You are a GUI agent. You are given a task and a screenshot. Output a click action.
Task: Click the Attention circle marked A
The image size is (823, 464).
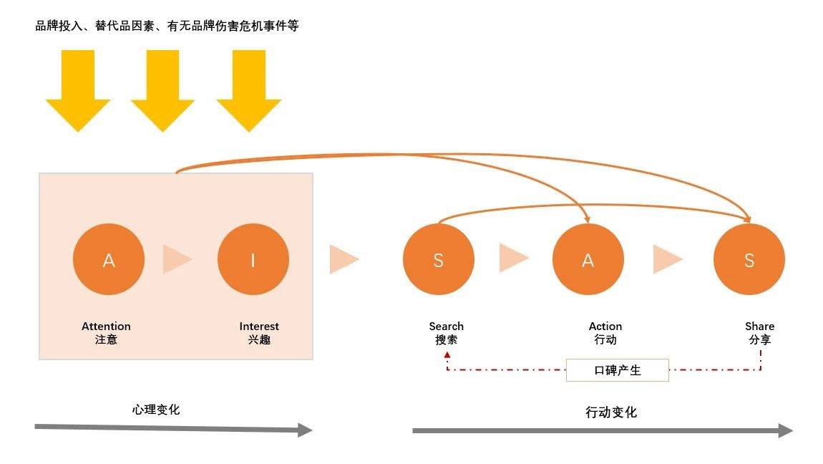coord(109,259)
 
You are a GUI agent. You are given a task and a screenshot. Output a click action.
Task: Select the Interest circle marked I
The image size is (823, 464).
coord(253,259)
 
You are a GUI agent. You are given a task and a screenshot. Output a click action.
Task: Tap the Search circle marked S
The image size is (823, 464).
coord(438,259)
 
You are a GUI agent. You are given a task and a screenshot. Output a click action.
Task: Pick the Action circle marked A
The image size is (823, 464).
coord(588,259)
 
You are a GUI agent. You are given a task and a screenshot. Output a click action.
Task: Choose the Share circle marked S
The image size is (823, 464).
coord(749,259)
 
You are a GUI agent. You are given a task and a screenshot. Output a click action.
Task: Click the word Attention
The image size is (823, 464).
coord(106,326)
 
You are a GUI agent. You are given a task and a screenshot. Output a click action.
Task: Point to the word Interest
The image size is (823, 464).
coord(259,326)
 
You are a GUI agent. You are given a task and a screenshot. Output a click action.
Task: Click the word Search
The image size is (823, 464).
coord(446,326)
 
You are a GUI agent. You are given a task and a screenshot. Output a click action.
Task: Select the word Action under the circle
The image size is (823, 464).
coord(605,326)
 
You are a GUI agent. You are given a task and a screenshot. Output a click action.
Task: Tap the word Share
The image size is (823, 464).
coord(759,326)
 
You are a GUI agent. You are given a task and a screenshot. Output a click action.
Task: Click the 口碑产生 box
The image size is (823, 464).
coord(617,370)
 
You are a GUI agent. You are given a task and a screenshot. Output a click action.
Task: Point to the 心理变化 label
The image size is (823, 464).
coord(156,410)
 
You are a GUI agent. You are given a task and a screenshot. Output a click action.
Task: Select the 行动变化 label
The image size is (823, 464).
coord(611,412)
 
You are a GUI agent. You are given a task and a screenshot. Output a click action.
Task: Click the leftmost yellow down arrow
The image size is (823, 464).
coord(78,90)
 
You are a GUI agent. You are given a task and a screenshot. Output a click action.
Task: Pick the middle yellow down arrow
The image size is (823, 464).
coord(162,90)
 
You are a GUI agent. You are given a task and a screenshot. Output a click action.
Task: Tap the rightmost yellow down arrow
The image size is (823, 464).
coord(249,90)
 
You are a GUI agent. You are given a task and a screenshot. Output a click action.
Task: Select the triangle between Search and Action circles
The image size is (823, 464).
coord(514,258)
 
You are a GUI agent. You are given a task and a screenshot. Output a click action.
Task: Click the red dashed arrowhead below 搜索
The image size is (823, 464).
coord(447,355)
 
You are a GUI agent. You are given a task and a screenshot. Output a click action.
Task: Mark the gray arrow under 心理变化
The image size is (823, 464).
coord(174,429)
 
